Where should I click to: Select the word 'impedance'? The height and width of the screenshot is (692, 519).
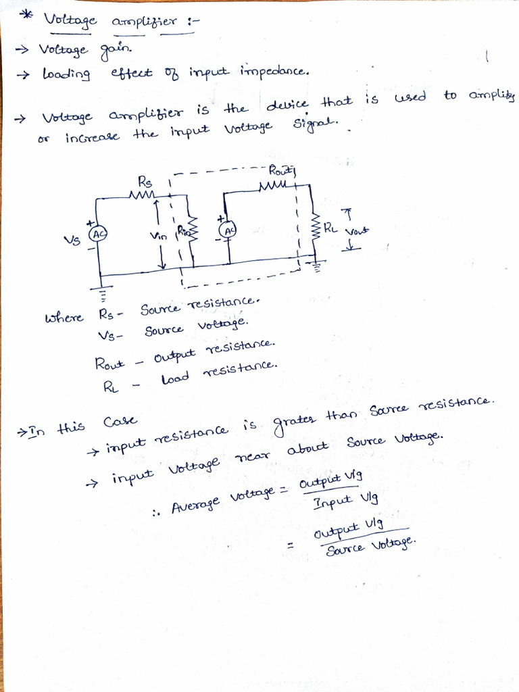pyautogui.click(x=274, y=71)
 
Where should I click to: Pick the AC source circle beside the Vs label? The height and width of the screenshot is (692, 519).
pyautogui.click(x=98, y=233)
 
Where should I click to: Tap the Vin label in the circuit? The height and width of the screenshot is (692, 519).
pyautogui.click(x=158, y=237)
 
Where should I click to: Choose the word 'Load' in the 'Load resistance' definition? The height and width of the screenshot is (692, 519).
pyautogui.click(x=174, y=379)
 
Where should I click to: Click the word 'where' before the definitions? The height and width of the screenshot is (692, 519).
pyautogui.click(x=64, y=318)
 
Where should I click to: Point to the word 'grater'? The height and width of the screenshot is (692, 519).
pyautogui.click(x=294, y=424)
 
